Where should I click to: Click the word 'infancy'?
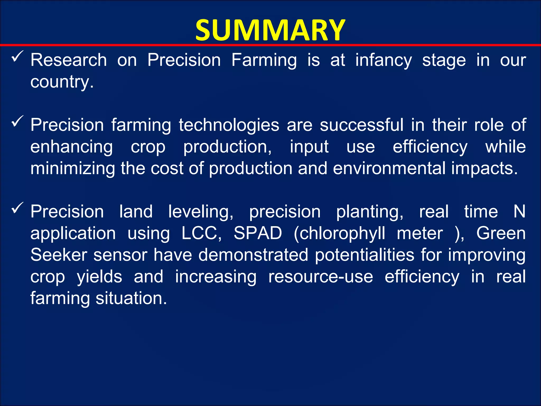click(x=384, y=60)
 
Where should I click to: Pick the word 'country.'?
click(x=62, y=82)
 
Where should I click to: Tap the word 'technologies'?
click(x=229, y=125)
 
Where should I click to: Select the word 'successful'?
click(x=362, y=125)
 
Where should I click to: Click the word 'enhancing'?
click(x=72, y=147)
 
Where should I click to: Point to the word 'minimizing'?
click(x=73, y=168)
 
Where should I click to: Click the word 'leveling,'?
click(x=201, y=212)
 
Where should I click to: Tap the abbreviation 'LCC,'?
click(x=202, y=233)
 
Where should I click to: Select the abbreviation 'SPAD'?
click(x=258, y=233)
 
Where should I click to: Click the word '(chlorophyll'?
click(x=339, y=234)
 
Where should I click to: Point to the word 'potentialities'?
click(x=365, y=255)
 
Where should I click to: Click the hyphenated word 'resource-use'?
click(x=321, y=277)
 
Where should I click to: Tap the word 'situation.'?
click(x=131, y=298)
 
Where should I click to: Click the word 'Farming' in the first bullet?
click(x=264, y=60)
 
